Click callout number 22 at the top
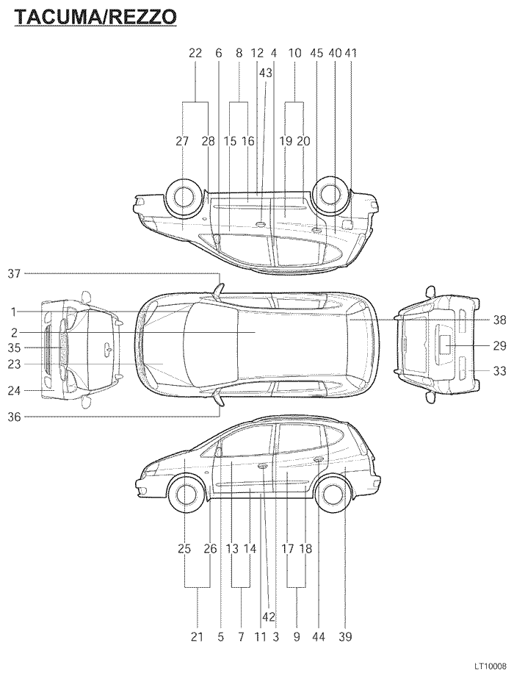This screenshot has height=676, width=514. point(195,53)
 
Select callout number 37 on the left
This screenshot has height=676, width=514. point(14,273)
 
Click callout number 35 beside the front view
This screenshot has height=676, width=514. point(14,348)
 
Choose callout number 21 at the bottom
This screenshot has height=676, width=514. point(197,638)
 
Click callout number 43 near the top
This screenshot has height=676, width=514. point(265,73)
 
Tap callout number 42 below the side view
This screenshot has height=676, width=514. point(269,616)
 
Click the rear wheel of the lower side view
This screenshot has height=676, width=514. point(332,495)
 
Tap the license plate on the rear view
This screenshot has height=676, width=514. point(446,342)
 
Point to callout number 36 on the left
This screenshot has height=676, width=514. point(14,417)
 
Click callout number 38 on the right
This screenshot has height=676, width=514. point(499,320)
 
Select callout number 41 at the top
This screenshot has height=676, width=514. point(351,53)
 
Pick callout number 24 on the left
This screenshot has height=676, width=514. point(14,391)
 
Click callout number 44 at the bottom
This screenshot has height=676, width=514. point(319,638)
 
